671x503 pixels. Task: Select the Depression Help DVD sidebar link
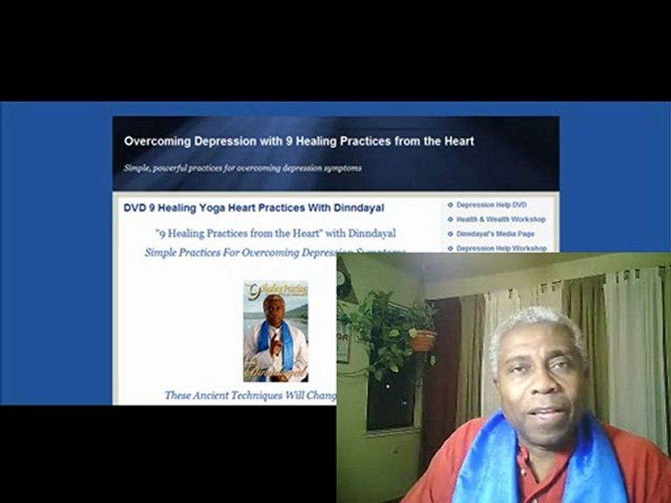[x=491, y=205]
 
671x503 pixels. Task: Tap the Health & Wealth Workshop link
[x=500, y=219]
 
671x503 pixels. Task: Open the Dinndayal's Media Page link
[x=495, y=234]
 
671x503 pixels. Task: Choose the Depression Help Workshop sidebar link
[x=501, y=248]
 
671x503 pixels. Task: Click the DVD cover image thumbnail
[x=275, y=331]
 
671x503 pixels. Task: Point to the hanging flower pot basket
[x=421, y=340]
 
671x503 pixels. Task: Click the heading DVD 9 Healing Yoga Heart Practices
[x=253, y=208]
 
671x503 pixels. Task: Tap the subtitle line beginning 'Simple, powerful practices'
[x=243, y=168]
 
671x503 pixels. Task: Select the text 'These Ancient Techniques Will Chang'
[x=250, y=395]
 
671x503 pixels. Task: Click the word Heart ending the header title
[x=458, y=141]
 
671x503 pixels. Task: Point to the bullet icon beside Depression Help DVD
[x=450, y=205]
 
